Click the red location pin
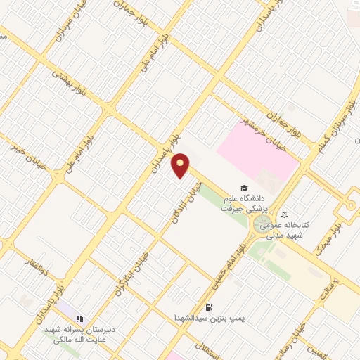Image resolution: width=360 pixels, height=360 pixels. pos(181,166)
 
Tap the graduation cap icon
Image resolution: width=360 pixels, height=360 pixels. pos(244,188)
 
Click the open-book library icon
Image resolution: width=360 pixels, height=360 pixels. pos(284,214)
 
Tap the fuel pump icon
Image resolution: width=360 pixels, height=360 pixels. pos(209,307)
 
